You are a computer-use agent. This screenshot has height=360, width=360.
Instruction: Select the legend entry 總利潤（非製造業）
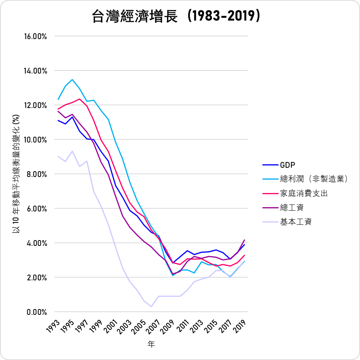click(314, 179)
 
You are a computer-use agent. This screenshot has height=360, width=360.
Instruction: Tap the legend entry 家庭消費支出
click(304, 193)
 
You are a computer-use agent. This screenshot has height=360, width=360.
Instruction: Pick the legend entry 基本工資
click(296, 222)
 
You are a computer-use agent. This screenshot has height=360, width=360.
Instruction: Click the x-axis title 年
click(151, 344)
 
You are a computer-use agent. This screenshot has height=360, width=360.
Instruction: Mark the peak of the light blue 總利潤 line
click(72, 80)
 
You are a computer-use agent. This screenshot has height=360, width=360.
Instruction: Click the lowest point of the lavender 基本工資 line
click(151, 306)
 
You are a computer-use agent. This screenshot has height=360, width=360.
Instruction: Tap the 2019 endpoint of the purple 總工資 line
click(244, 240)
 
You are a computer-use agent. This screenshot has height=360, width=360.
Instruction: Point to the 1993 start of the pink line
click(58, 109)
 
